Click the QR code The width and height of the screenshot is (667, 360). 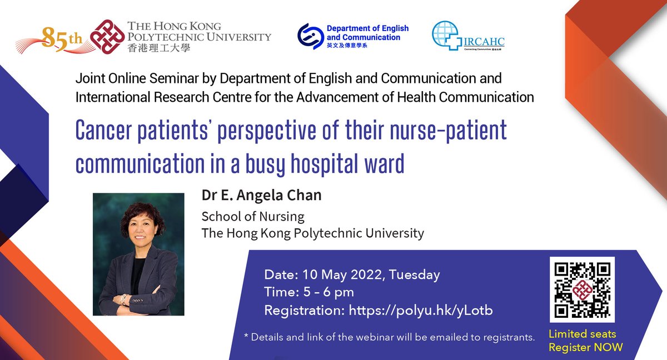582,289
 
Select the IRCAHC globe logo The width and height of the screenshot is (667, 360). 446,36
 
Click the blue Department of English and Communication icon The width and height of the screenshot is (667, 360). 310,36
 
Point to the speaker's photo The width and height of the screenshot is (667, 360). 138,254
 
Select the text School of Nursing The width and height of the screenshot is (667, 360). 253,216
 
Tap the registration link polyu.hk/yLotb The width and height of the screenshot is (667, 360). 421,311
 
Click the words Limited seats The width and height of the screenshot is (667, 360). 582,334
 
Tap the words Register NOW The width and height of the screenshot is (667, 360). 585,348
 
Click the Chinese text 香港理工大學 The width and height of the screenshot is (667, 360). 158,48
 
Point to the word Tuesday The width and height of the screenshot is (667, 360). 415,274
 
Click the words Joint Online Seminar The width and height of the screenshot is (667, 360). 130,78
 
